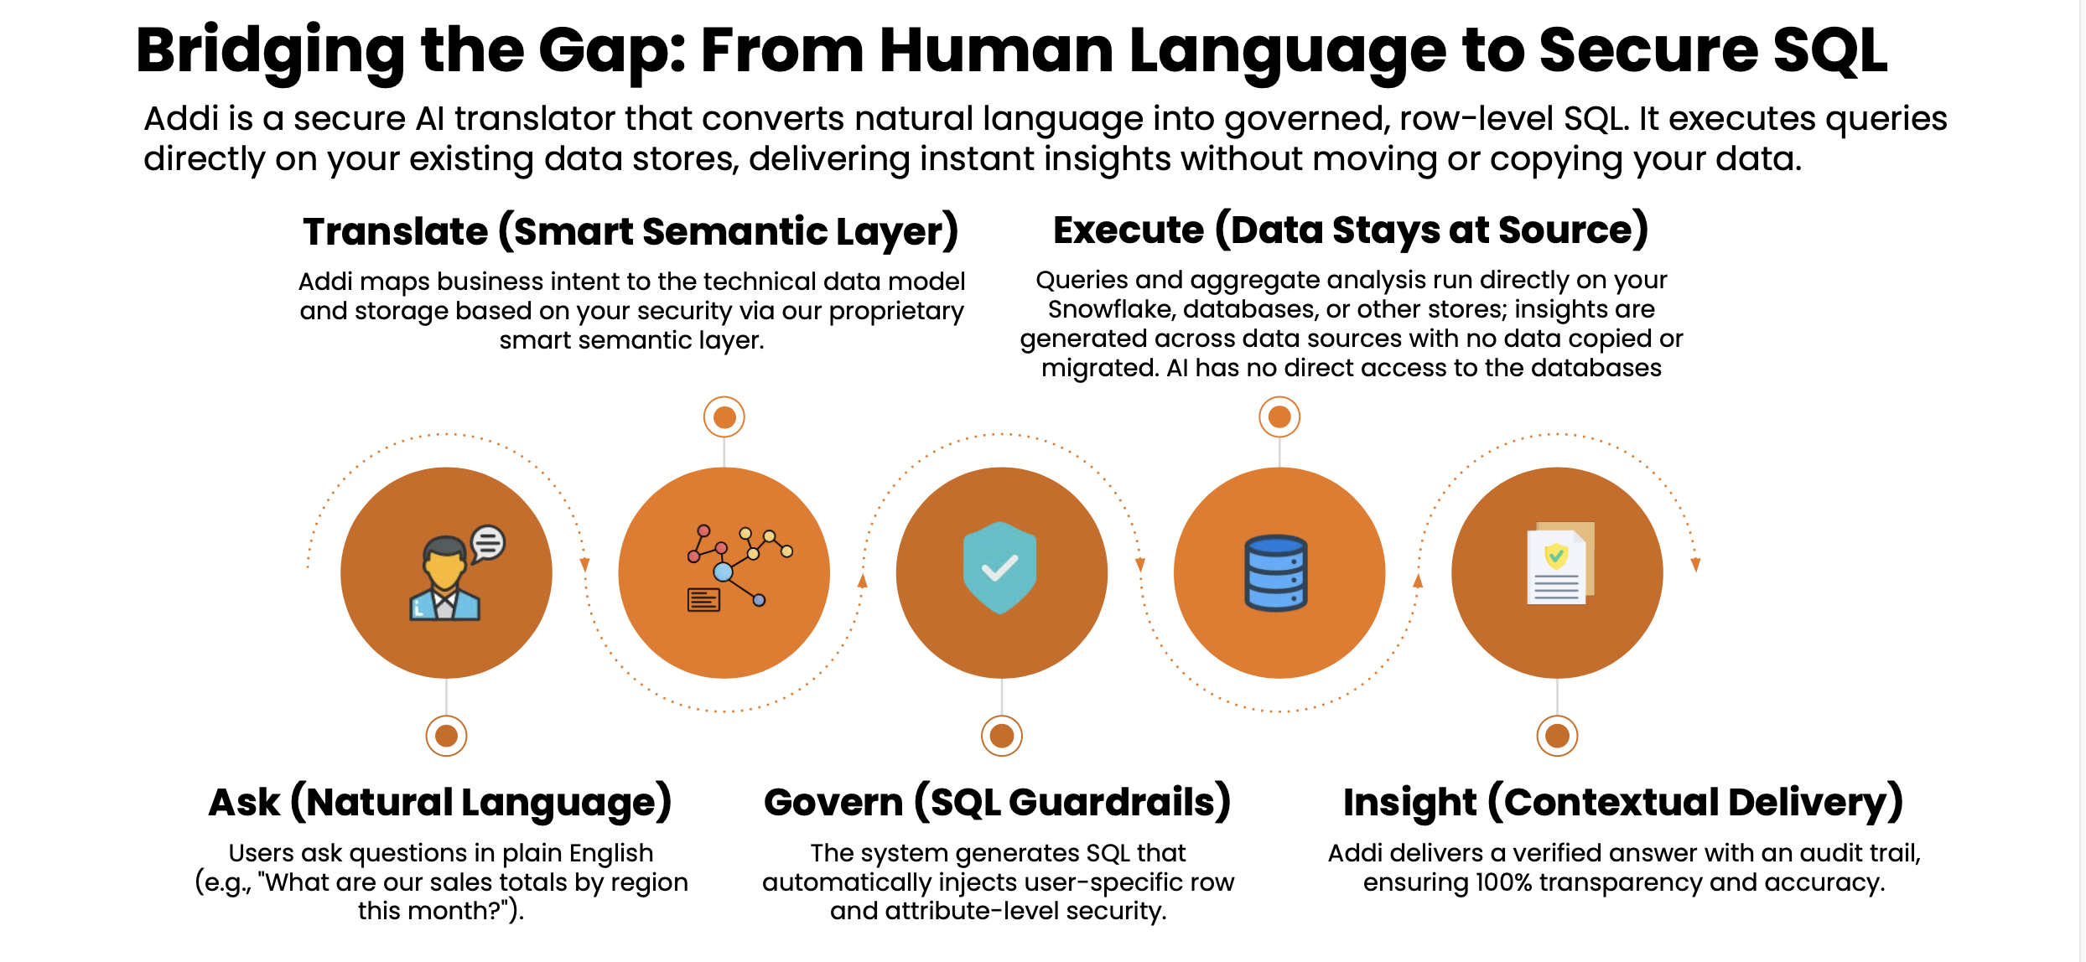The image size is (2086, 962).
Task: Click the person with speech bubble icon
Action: (x=457, y=572)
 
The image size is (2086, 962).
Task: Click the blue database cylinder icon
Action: (x=1276, y=573)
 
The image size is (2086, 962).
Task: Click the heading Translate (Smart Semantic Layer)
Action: (x=630, y=232)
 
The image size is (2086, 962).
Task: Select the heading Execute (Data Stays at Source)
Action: (x=1351, y=230)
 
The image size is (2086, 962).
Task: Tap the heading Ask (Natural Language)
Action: (x=440, y=803)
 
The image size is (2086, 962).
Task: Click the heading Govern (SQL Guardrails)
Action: (x=998, y=803)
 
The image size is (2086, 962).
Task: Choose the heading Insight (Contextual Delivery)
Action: (x=1623, y=803)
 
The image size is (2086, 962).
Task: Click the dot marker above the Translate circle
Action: (x=724, y=416)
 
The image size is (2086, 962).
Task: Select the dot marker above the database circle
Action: (x=1279, y=416)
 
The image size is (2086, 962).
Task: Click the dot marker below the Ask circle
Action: (x=446, y=736)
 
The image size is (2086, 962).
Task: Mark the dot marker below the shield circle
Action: (x=1002, y=736)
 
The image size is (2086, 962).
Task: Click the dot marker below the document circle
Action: (x=1557, y=736)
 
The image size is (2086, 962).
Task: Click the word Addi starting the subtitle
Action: (x=180, y=119)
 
